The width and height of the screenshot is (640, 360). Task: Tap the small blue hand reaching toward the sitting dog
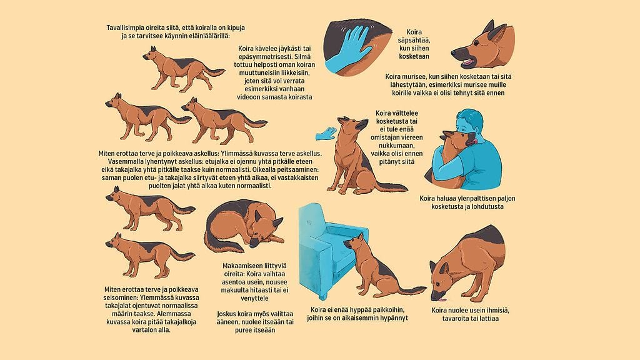pos(326,133)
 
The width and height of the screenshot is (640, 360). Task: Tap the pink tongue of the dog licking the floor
pos(442,299)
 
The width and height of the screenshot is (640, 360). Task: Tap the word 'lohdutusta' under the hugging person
pos(486,206)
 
